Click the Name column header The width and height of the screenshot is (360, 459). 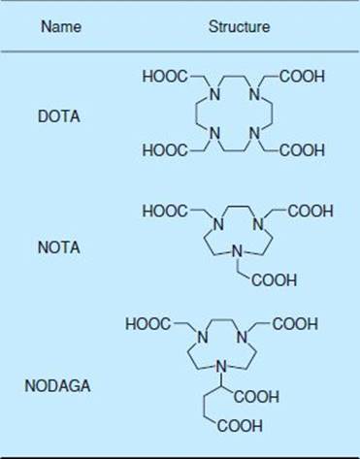(61, 26)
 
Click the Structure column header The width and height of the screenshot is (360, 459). (239, 26)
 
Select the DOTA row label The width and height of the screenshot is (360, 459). (59, 116)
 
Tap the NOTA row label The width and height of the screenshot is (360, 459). (59, 247)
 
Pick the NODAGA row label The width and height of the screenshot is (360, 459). (57, 385)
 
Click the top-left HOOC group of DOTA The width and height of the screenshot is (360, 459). (165, 77)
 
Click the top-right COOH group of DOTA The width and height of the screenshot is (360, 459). (302, 77)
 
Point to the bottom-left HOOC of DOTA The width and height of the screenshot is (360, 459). (165, 150)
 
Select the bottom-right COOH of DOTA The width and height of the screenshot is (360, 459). (302, 150)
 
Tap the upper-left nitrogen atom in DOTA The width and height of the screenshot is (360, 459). (214, 94)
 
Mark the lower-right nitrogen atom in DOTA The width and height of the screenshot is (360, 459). (255, 133)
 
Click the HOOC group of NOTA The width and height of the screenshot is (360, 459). (165, 212)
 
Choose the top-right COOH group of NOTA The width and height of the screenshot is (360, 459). (311, 212)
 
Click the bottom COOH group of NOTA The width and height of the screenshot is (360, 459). (274, 280)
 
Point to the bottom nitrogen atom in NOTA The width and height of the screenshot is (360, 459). (237, 250)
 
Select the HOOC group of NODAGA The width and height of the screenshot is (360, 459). (147, 324)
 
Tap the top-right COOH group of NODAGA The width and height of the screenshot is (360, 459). (295, 324)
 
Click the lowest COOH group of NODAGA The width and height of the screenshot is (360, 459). (240, 426)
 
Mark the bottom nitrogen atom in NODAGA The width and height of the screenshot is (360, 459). (221, 367)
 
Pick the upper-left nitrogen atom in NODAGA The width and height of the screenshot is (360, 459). (203, 337)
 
